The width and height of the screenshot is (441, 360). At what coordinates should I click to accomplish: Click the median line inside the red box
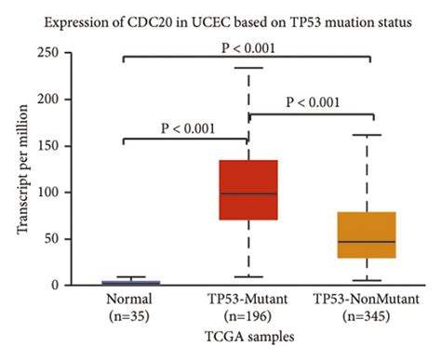247,193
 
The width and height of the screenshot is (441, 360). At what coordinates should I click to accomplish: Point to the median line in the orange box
366,242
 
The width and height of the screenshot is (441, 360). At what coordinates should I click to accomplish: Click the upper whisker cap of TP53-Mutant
247,68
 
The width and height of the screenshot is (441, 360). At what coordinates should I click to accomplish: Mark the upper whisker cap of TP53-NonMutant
366,136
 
